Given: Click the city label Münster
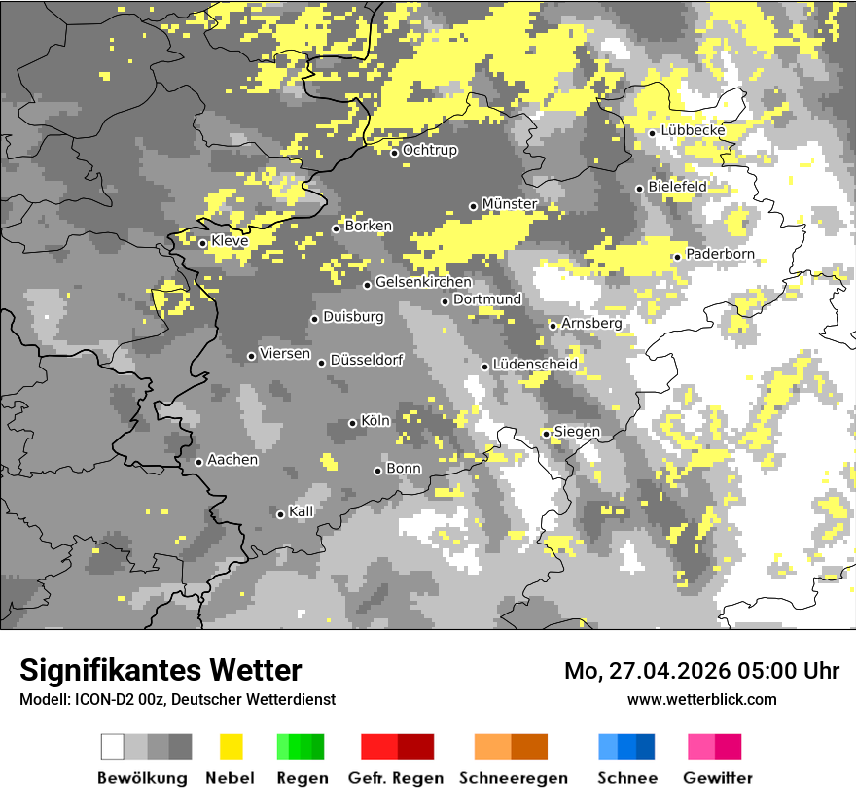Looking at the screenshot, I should click(510, 204).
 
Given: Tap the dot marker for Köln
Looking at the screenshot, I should click(353, 423).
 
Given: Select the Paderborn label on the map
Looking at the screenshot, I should click(720, 254).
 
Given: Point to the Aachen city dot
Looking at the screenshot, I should click(198, 462).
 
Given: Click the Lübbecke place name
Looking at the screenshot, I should click(693, 130).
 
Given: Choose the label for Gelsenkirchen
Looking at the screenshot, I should click(423, 282).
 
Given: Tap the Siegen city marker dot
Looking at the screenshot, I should click(547, 434).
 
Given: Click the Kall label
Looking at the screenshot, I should click(302, 511).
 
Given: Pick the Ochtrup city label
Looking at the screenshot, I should click(430, 150).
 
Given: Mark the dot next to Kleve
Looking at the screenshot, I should click(202, 243).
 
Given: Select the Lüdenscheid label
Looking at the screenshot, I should click(535, 364).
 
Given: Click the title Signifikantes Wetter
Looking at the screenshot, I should click(160, 670).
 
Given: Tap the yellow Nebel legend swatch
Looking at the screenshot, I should click(231, 747).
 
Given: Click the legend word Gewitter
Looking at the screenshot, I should click(718, 778).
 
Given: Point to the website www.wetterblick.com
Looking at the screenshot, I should click(701, 699).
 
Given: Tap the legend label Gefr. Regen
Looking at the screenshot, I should click(396, 778).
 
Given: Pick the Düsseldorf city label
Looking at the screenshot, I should click(367, 360).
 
